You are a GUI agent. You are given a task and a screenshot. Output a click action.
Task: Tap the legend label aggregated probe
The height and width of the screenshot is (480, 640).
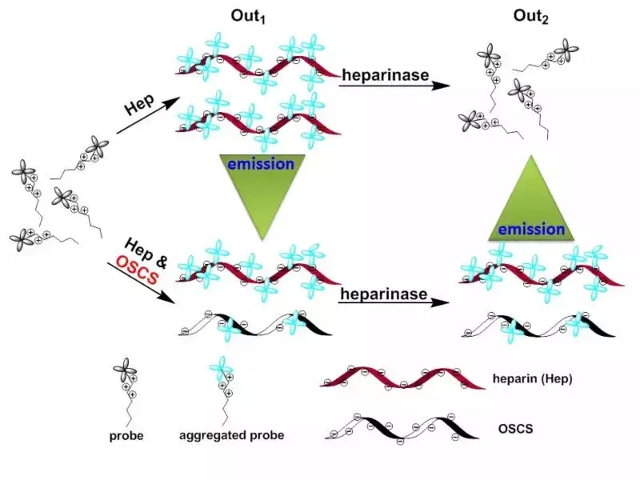[232, 436]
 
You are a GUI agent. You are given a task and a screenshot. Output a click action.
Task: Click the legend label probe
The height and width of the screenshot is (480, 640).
[126, 436]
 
